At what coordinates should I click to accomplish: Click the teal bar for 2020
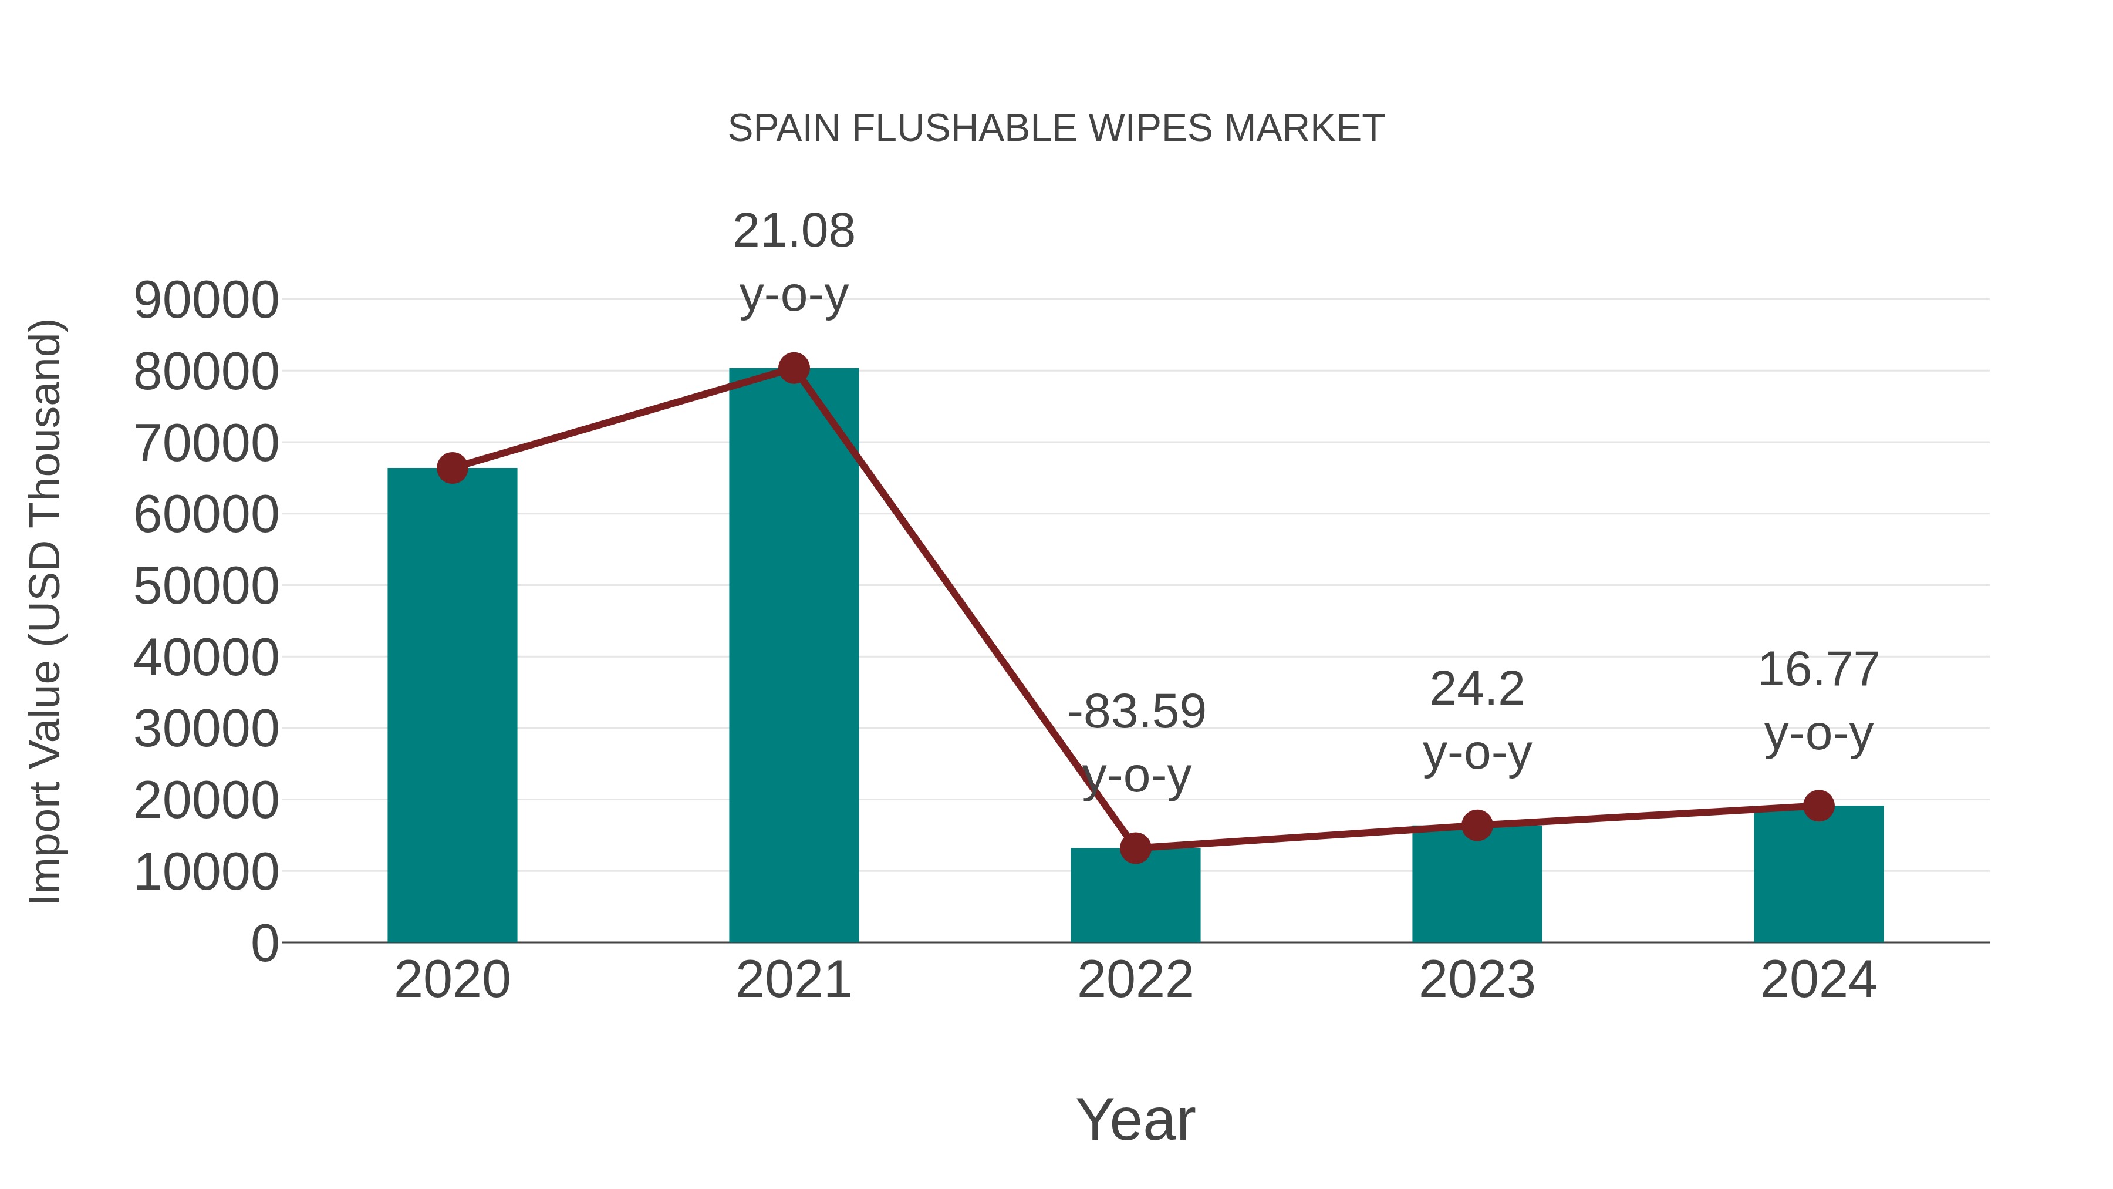tap(452, 706)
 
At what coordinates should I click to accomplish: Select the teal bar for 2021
tap(793, 656)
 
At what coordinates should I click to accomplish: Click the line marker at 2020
tap(452, 468)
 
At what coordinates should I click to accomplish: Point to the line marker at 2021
tap(793, 368)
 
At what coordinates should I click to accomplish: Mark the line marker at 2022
tap(1135, 848)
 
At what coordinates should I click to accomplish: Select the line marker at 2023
tap(1477, 826)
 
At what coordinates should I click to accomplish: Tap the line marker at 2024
tap(1818, 806)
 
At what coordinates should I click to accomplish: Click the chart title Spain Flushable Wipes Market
tap(1056, 128)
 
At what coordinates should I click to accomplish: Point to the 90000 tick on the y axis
tap(206, 300)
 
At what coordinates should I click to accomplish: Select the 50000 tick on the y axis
tap(206, 587)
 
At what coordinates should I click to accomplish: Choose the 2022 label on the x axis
tap(1135, 980)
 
